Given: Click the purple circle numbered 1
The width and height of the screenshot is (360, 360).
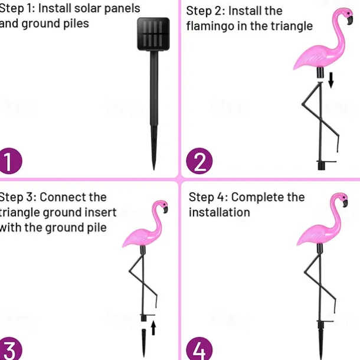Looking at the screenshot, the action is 9,161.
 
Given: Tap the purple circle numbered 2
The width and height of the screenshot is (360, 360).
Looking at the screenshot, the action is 199,161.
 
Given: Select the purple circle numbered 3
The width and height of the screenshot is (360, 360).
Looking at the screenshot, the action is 9,349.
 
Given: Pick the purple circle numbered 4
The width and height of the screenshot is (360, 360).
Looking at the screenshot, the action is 199,349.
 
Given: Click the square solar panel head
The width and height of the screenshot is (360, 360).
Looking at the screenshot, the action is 153,34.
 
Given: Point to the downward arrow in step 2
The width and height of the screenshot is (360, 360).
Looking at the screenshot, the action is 331,80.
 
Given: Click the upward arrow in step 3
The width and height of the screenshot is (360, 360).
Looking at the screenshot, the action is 153,328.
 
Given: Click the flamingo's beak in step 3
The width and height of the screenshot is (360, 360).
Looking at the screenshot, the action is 165,210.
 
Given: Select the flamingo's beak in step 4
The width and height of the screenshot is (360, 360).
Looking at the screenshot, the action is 345,203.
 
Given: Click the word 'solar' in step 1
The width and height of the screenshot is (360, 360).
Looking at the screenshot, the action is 88,8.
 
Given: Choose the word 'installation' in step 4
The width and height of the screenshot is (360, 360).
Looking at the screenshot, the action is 220,212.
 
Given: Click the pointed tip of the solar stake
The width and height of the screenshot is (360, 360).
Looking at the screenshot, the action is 154,169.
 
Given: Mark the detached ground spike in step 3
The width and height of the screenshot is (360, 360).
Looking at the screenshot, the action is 144,343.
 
